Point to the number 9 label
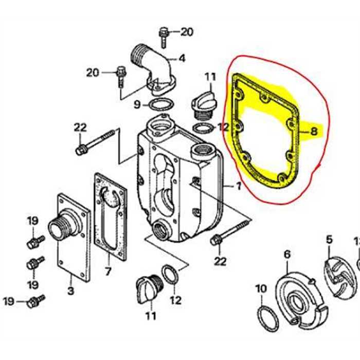click(x=137, y=105)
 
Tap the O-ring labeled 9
click(x=160, y=105)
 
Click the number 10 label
click(x=261, y=289)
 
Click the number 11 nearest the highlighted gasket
click(x=210, y=78)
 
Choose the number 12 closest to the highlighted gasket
click(x=223, y=128)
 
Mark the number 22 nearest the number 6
click(x=220, y=261)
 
